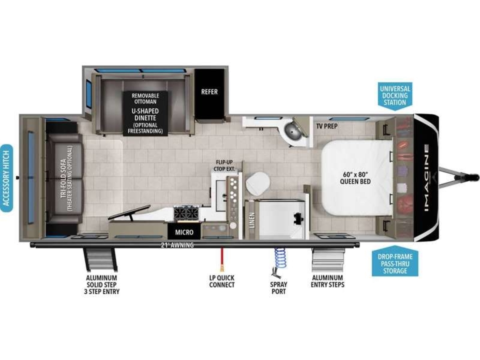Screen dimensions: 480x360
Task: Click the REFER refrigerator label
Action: coord(209,92)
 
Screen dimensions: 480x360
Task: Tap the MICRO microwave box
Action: coord(184,232)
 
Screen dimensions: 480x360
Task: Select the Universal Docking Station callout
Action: coord(395,96)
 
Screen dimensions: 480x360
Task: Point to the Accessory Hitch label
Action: coord(6,178)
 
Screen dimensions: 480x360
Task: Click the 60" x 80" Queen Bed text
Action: coord(355,178)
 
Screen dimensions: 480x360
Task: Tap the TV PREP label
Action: coord(327,126)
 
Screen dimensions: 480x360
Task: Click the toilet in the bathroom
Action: coord(257,183)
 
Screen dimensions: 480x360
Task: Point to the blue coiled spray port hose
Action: coord(280,258)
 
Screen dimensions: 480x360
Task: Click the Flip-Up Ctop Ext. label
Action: coord(224,166)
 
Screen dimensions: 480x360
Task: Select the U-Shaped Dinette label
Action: coord(145,114)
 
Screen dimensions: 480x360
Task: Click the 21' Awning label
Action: coord(177,245)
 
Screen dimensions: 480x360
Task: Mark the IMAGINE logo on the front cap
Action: coord(426,178)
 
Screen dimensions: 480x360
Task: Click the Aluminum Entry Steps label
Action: coord(328,281)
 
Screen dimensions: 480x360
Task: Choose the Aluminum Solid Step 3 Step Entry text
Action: coord(102,285)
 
